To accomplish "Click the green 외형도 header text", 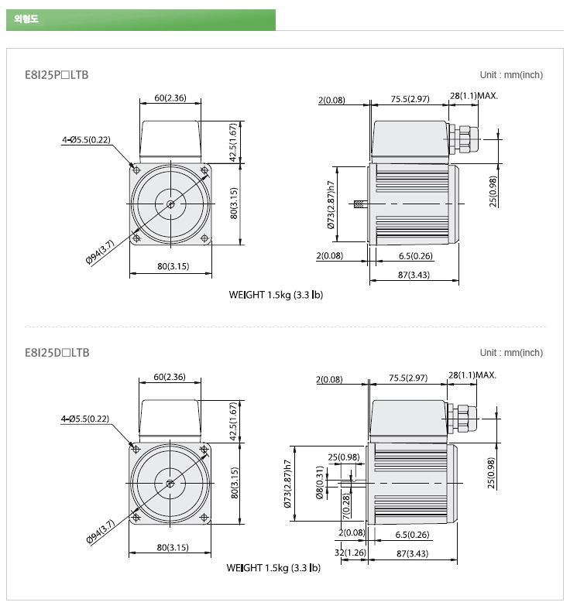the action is (x=26, y=19).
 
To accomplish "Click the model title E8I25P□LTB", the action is (x=57, y=74).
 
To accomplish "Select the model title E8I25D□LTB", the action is (x=57, y=353).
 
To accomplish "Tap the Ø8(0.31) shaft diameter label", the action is (x=320, y=482).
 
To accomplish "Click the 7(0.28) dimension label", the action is (x=346, y=506).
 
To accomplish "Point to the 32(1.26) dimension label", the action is (x=350, y=553).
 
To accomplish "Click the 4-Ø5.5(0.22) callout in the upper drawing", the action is (x=86, y=140).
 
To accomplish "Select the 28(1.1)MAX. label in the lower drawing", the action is (x=472, y=375).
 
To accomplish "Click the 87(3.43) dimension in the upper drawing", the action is (x=414, y=275).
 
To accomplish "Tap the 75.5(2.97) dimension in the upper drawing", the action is (x=410, y=99).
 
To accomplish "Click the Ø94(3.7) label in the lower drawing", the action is (x=101, y=532).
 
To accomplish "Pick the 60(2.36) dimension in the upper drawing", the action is (x=170, y=98).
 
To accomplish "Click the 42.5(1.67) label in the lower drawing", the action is (x=233, y=422).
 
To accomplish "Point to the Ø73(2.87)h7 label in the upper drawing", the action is (x=331, y=205).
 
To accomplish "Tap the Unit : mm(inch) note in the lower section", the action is (x=511, y=353).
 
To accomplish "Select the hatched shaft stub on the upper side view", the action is (x=360, y=204).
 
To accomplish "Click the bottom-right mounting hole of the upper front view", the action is (x=204, y=238).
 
